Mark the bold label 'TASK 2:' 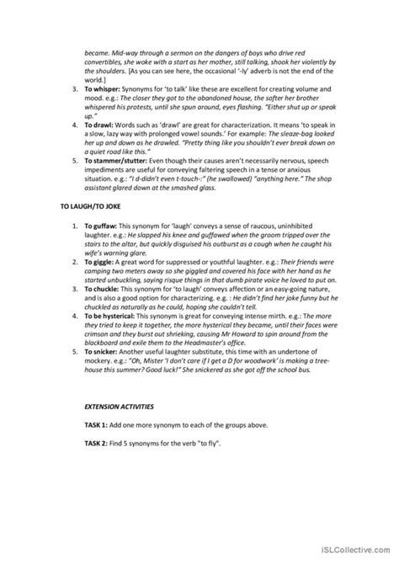coord(98,513)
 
